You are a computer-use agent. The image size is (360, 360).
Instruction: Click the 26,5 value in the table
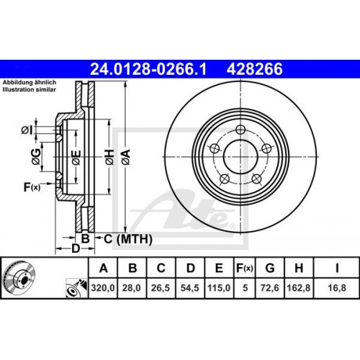161,288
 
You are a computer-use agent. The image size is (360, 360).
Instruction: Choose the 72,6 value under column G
270,288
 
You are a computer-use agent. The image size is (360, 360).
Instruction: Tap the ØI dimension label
27,130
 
